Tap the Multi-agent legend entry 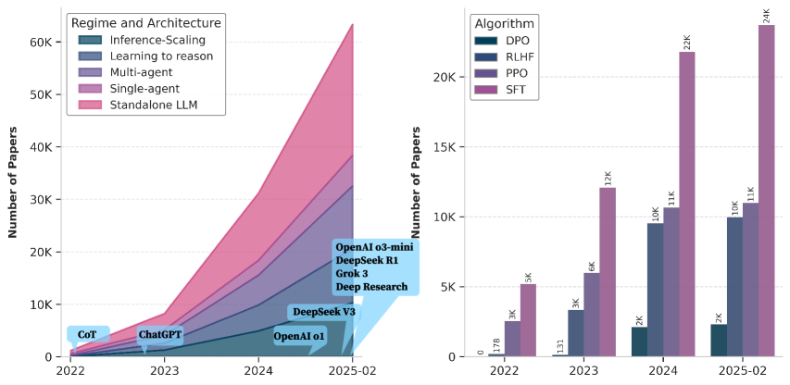click(x=143, y=72)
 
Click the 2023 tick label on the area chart click(x=165, y=369)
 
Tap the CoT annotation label click(x=87, y=334)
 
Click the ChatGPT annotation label click(x=159, y=335)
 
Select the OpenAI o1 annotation click(x=298, y=337)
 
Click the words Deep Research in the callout click(x=370, y=287)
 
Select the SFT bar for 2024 click(x=687, y=204)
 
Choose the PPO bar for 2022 click(x=512, y=339)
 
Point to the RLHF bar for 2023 click(x=575, y=333)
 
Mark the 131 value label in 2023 click(x=561, y=346)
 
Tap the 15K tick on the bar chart click(x=441, y=148)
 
